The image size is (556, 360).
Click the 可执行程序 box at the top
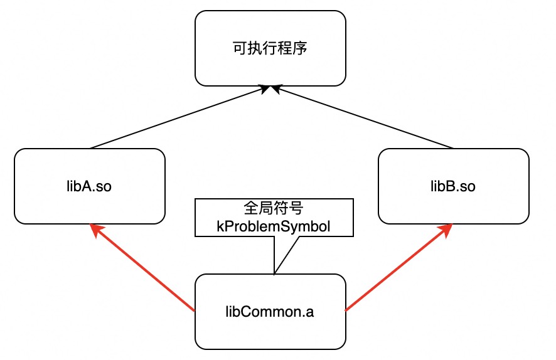click(x=270, y=48)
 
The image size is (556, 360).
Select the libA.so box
click(x=89, y=186)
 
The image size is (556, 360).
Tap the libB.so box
click(x=454, y=186)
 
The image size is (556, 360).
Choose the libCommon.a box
click(x=270, y=312)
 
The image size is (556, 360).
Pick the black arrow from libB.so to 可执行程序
click(x=364, y=118)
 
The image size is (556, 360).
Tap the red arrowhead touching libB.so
click(x=446, y=230)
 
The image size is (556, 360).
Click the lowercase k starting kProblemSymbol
click(x=220, y=226)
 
